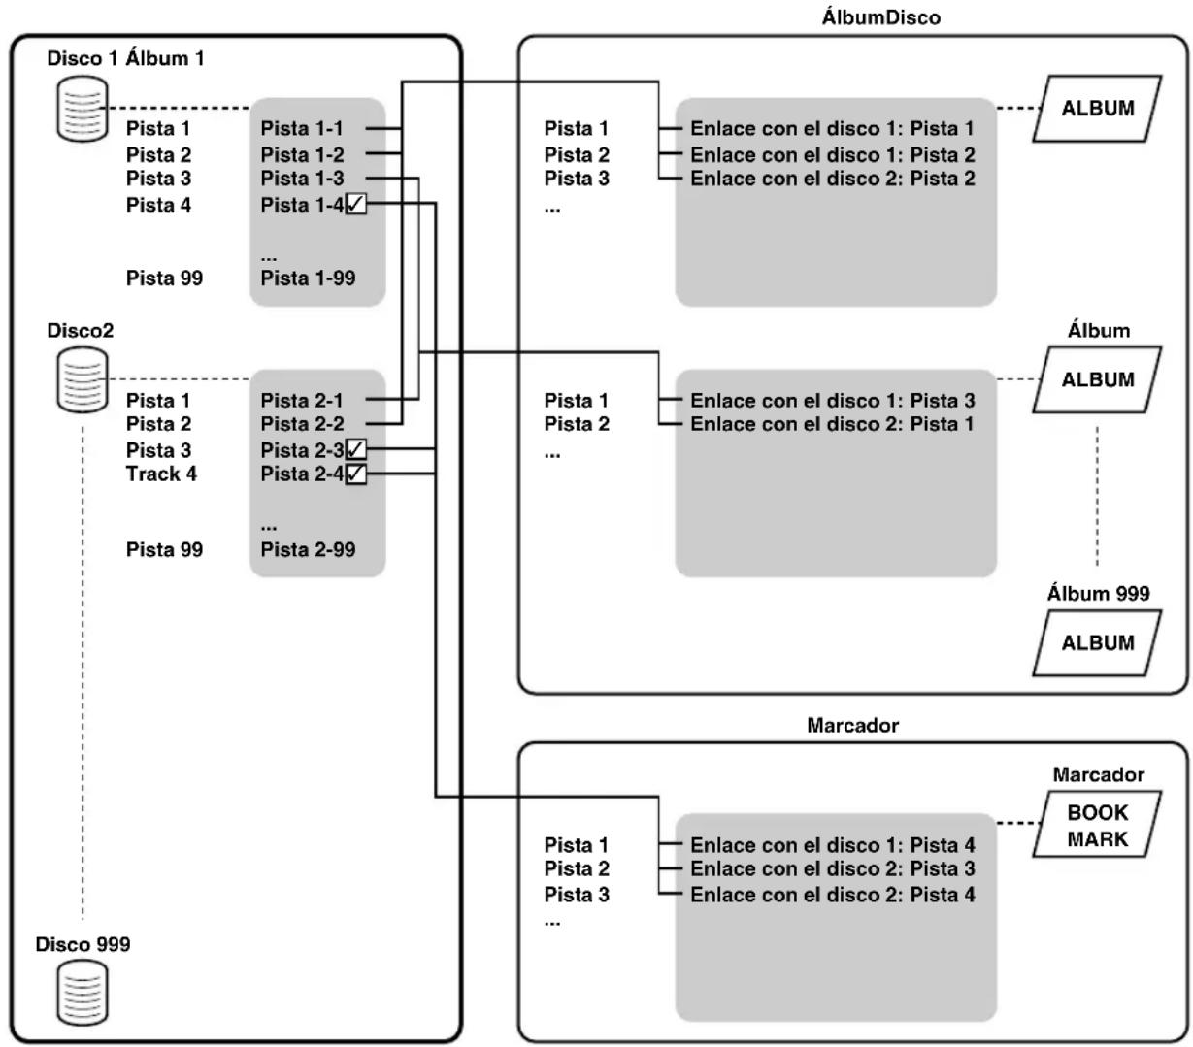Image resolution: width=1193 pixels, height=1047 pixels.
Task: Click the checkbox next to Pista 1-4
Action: (355, 204)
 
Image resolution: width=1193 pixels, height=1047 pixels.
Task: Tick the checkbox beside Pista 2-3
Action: (355, 449)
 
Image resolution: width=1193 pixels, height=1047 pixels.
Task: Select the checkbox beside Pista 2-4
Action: (355, 474)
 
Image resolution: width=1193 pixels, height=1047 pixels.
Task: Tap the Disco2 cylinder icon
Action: (83, 379)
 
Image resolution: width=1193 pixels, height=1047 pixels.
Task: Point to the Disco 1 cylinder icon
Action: (83, 109)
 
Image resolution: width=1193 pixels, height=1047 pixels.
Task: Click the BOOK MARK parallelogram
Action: (1097, 824)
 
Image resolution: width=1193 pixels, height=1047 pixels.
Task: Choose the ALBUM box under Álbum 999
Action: (1097, 642)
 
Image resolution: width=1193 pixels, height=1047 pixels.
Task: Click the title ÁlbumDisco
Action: (880, 17)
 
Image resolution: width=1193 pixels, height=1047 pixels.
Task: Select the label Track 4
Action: (161, 474)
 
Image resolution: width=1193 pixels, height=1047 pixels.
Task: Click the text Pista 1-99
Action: (308, 278)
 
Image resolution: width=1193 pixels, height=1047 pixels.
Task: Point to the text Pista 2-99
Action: (308, 549)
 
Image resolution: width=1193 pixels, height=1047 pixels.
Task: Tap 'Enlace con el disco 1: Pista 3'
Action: (833, 400)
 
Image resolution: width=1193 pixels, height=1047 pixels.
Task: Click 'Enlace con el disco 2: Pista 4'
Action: (833, 895)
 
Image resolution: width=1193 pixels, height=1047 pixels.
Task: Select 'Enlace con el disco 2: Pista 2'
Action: (833, 179)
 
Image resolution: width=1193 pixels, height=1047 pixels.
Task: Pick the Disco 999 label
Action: (83, 944)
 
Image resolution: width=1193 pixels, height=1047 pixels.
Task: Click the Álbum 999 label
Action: (1098, 593)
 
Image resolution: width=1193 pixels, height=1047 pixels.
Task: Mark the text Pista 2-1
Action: (302, 400)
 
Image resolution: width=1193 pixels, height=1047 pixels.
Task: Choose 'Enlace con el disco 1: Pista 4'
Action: (833, 845)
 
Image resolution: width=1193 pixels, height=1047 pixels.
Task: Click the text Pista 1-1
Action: (302, 128)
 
